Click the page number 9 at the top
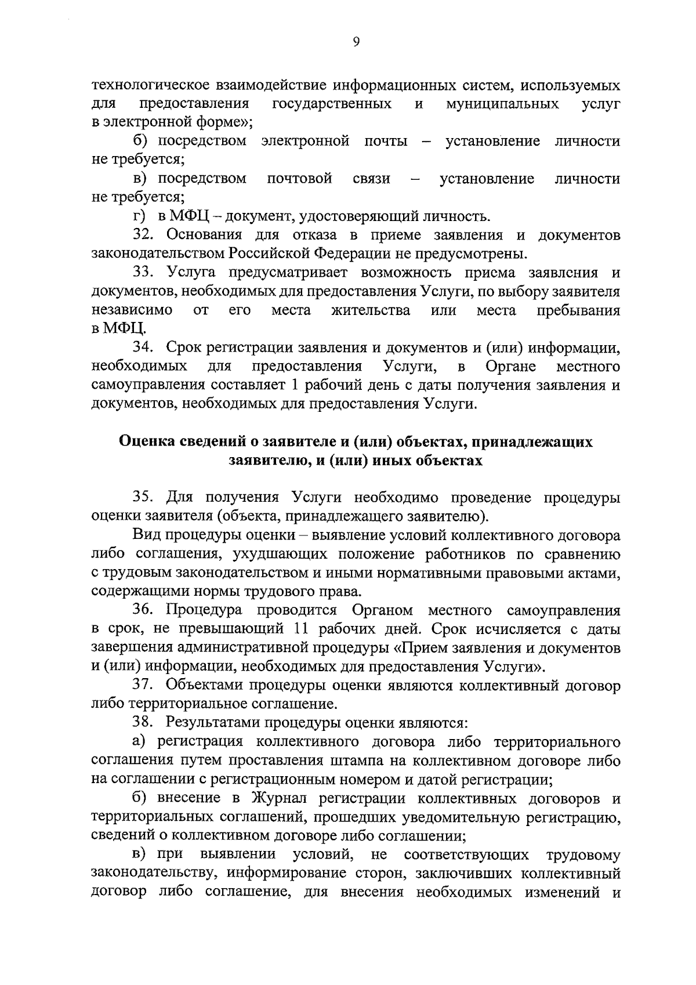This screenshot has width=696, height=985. coord(356,41)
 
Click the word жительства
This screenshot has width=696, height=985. coord(371,310)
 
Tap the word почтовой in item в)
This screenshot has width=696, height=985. coord(299,179)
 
